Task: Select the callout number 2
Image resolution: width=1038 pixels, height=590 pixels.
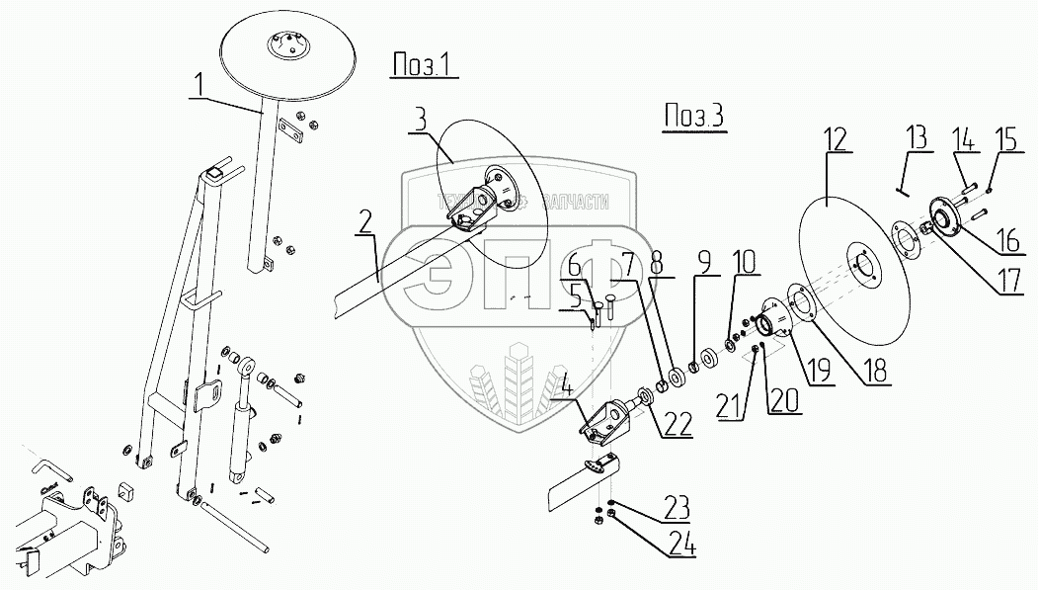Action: (x=365, y=222)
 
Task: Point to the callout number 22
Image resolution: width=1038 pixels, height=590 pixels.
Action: (x=678, y=422)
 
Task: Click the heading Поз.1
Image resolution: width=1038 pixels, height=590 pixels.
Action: (x=421, y=67)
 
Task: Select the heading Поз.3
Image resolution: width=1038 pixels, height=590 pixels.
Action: (x=691, y=116)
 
